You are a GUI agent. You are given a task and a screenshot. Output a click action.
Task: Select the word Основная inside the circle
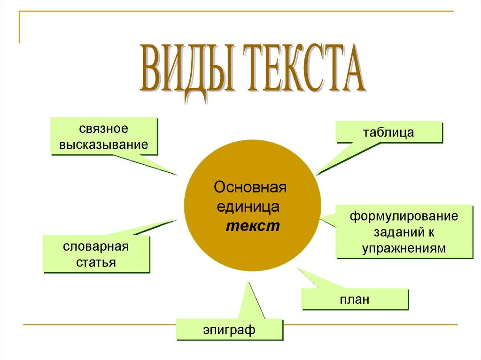coord(250,188)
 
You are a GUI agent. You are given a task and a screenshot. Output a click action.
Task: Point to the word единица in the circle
coord(248,207)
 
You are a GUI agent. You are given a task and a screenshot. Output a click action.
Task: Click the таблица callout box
coord(388,132)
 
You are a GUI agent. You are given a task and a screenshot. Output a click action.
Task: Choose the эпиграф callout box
coord(229,330)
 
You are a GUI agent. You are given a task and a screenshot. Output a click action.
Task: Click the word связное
coord(103,128)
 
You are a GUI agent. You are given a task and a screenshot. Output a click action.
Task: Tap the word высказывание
coord(103,145)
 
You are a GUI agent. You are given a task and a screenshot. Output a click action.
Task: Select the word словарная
coord(96,246)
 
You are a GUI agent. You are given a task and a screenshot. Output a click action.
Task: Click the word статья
coord(96,262)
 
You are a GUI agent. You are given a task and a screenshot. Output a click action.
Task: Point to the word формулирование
coord(403,217)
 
